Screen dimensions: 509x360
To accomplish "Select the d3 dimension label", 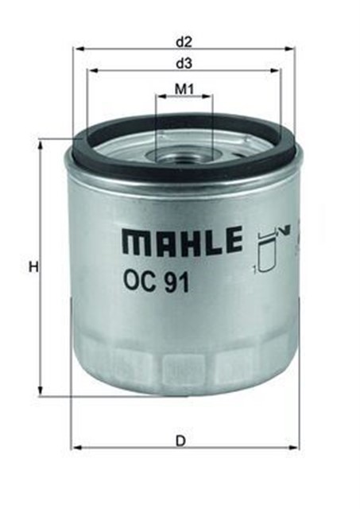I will pos(184,62).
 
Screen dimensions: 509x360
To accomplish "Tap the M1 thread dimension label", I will pos(184,89).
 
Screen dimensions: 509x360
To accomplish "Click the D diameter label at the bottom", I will pos(181,440).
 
